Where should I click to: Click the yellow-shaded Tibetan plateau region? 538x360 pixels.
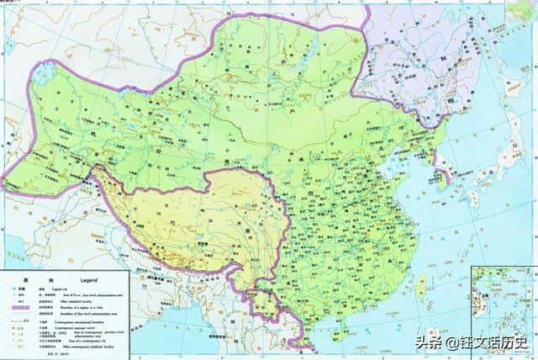pyautogui.click(x=193, y=214)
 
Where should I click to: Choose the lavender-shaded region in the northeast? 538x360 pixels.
pyautogui.click(x=420, y=50)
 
